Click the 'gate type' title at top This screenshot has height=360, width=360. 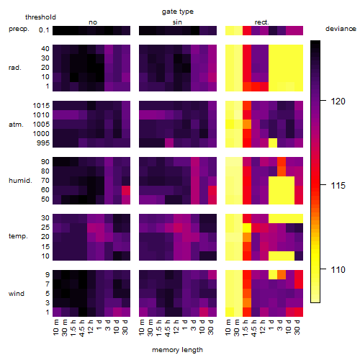coord(178,12)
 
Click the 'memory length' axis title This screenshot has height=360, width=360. coord(177,350)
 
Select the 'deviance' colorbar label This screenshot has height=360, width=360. coord(341,29)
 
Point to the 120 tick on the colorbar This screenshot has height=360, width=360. coord(338,102)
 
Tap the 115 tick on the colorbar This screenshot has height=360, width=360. coord(338,186)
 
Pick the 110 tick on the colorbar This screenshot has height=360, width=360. coord(338,270)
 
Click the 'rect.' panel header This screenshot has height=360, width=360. coord(261,22)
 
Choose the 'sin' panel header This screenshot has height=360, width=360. coord(177,22)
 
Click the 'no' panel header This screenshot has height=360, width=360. coord(93,22)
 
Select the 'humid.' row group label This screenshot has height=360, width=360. coord(20,181)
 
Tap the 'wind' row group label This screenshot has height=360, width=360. coord(17,294)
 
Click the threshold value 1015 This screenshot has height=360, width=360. coord(41,106)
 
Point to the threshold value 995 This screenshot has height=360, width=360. coord(43,143)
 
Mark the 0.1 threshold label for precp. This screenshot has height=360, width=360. coord(44,30)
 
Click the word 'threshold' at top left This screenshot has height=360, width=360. coord(40,17)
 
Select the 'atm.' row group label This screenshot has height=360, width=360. coord(16,125)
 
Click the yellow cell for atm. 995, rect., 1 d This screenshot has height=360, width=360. coord(273,143)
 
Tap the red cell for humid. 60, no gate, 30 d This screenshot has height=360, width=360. coord(126,190)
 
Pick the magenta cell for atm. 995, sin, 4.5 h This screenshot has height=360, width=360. coord(169,143)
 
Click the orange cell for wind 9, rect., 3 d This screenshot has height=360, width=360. coord(282,274)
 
